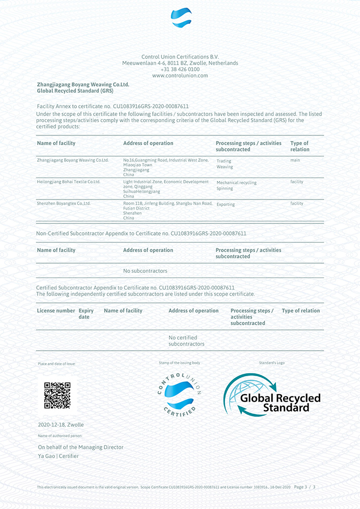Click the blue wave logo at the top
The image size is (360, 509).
click(x=181, y=18)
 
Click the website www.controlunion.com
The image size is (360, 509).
click(x=180, y=76)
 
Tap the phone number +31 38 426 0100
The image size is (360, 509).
click(x=180, y=69)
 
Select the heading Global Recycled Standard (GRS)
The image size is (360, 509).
click(x=75, y=91)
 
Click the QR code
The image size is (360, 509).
click(x=57, y=395)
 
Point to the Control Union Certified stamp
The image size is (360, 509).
click(x=180, y=393)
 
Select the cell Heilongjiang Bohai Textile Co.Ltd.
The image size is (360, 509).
click(x=69, y=182)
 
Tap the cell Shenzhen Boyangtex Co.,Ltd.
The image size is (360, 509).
click(x=64, y=204)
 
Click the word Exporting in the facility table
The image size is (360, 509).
click(x=226, y=205)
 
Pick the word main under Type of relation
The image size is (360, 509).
click(x=295, y=160)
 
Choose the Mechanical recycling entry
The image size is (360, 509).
click(x=236, y=182)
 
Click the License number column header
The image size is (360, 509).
click(x=56, y=310)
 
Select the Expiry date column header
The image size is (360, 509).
click(x=86, y=314)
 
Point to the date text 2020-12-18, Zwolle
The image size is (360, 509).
click(x=61, y=425)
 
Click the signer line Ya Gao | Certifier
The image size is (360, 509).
click(x=58, y=456)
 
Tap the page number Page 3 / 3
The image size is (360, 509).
click(x=304, y=487)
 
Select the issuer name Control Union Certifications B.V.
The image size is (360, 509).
click(x=180, y=56)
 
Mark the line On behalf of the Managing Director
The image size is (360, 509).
click(x=80, y=447)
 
